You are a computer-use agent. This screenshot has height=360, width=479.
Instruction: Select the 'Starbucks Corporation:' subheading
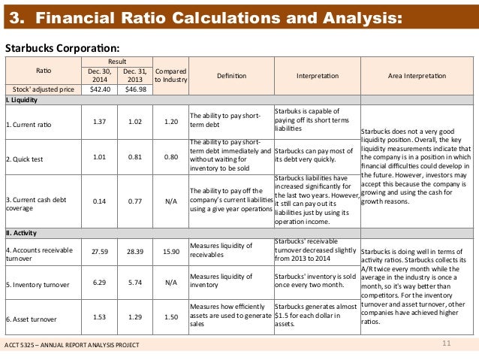point(52,47)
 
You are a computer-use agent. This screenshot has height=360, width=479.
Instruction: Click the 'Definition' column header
point(231,76)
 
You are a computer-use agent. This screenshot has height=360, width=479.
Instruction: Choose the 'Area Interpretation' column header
point(416,76)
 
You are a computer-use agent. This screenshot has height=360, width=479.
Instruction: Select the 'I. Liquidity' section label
point(25,100)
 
